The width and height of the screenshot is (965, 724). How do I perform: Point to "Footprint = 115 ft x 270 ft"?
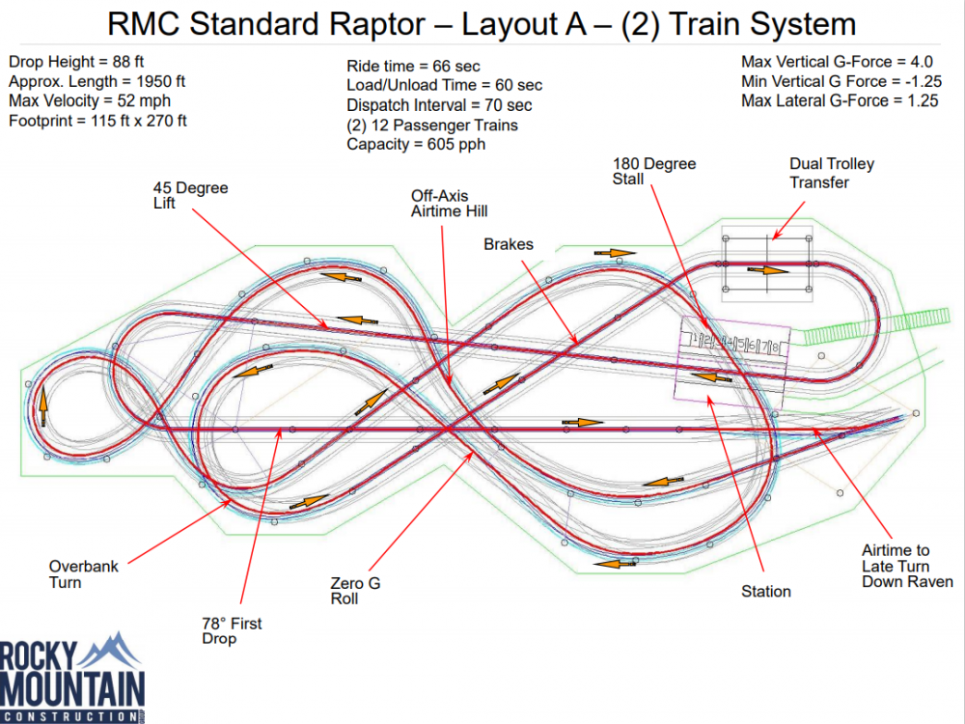tap(97, 121)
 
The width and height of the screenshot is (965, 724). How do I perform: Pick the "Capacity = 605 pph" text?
tap(416, 144)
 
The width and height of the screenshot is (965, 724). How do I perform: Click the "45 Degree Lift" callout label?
tap(190, 196)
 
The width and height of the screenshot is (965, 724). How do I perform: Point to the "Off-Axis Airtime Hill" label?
tap(450, 203)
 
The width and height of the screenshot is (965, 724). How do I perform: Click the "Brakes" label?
tap(509, 245)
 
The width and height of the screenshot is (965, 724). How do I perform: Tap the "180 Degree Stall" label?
tap(654, 172)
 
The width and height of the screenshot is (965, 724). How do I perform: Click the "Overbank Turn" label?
tap(83, 574)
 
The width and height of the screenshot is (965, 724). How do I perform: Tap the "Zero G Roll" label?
tap(347, 591)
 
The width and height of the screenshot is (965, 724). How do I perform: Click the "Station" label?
tap(765, 591)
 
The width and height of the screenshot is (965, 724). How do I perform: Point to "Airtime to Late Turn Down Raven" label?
tap(907, 566)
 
